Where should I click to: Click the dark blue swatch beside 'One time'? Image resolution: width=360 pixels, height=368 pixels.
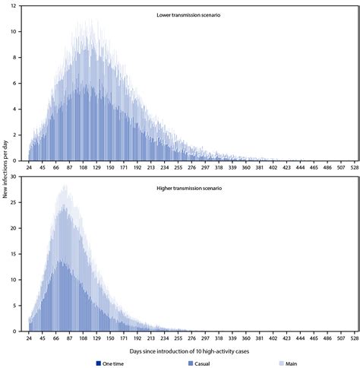click(99, 363)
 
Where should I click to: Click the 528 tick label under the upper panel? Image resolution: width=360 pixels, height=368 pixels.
click(353, 167)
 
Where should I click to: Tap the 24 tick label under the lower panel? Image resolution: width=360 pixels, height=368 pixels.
click(30, 338)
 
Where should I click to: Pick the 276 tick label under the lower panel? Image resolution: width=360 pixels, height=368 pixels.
click(194, 338)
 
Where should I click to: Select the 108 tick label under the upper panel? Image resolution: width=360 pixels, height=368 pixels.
click(84, 167)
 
